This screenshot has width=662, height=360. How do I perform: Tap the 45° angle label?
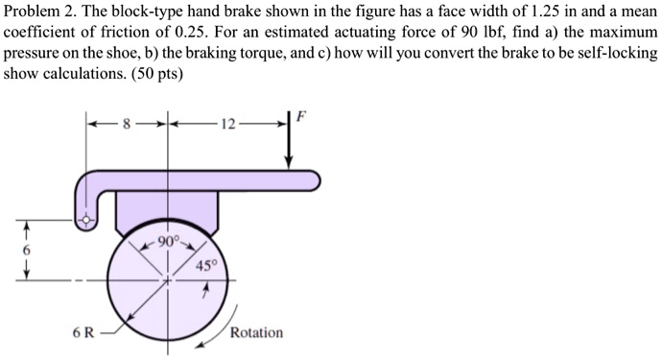click(206, 266)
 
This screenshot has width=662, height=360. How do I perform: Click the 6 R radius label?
click(83, 333)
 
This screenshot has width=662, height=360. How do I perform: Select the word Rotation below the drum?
click(256, 332)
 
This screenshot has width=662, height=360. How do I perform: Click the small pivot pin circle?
click(87, 220)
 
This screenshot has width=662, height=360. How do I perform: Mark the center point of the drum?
click(169, 280)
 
